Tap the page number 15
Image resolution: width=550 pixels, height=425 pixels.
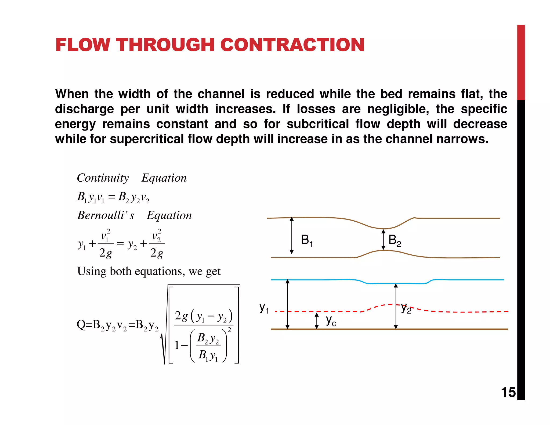508,392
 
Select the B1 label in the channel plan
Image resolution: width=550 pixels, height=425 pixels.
307,240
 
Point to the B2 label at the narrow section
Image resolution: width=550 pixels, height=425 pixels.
395,240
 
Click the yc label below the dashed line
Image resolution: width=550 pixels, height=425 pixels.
331,320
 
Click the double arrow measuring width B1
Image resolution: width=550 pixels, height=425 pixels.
292,236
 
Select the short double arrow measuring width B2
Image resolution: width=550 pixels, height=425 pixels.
383,239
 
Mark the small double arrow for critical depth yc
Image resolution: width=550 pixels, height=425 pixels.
317,320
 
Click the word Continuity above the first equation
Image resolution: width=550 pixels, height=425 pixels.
103,178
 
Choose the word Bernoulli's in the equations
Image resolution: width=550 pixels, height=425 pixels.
106,215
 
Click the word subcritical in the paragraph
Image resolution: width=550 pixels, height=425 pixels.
318,124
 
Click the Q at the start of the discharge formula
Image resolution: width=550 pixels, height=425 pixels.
81,325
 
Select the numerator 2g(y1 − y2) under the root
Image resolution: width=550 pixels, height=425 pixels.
204,316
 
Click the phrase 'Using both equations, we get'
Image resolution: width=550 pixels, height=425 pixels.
149,271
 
